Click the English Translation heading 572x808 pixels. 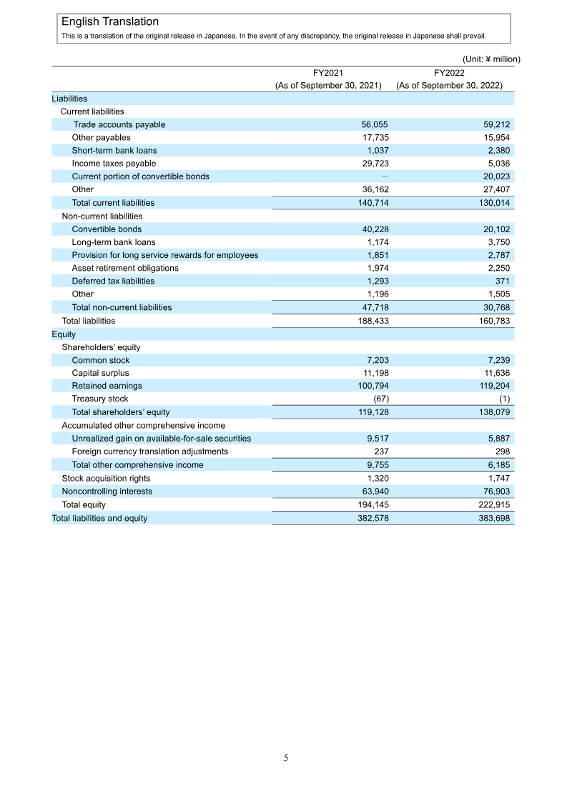click(110, 22)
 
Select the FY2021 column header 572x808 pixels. click(328, 72)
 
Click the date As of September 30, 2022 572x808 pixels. click(449, 85)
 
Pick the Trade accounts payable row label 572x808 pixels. click(119, 124)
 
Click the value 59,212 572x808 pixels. click(496, 124)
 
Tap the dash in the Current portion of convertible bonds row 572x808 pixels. click(385, 176)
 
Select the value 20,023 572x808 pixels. click(496, 176)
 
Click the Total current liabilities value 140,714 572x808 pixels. click(373, 203)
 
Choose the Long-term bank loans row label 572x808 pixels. click(114, 242)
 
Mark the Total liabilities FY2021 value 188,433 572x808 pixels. click(373, 321)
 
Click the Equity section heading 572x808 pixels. click(64, 334)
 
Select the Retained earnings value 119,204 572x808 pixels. click(494, 386)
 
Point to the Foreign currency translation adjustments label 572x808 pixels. click(150, 452)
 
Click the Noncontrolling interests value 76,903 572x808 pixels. click(496, 491)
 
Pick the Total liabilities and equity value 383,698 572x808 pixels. click(494, 518)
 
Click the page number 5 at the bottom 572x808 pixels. click(286, 758)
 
